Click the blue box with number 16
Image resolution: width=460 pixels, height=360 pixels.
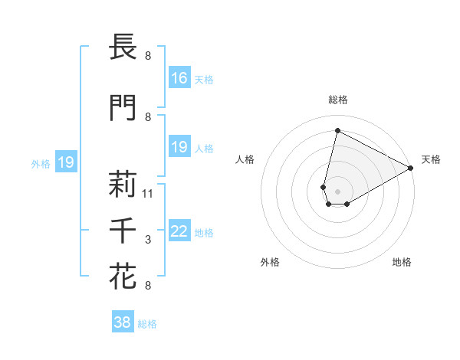point(179,77)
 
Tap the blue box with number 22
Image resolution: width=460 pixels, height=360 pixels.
point(179,231)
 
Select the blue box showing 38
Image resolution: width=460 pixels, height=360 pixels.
point(123,322)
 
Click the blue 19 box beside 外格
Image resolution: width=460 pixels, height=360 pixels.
point(66,162)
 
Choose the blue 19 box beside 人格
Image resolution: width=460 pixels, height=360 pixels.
point(179,146)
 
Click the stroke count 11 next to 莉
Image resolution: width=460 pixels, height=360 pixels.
point(148,193)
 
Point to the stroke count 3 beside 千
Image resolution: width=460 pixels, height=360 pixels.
point(148,240)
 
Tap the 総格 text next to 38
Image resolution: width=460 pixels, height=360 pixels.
point(147,324)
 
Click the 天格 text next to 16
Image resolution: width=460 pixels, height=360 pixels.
point(204,79)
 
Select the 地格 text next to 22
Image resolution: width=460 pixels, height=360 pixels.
point(204,233)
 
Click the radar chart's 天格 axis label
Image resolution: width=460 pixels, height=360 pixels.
point(431,159)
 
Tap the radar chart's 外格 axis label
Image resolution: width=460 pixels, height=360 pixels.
point(270,262)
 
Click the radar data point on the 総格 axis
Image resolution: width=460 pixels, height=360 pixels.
point(337,130)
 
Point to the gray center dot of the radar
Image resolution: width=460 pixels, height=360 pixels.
point(337,190)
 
